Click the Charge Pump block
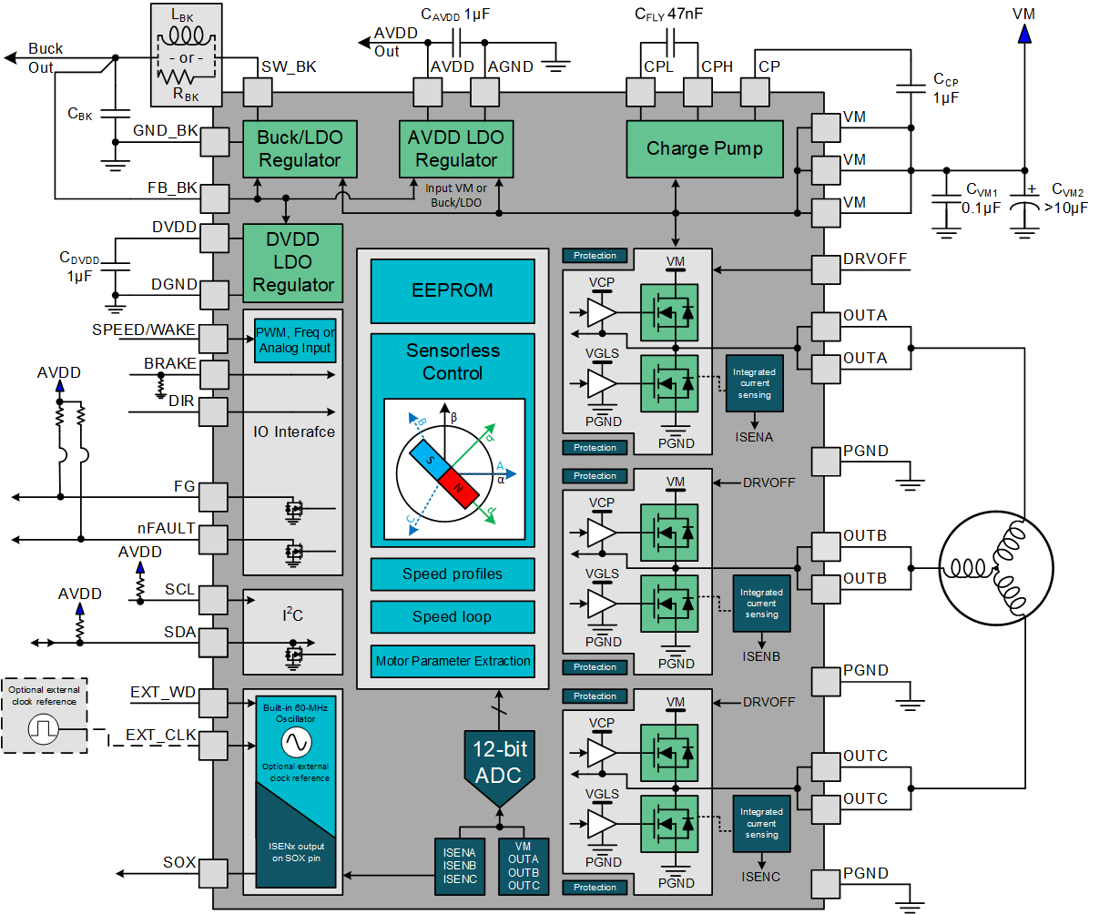click(x=704, y=149)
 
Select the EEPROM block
click(x=452, y=290)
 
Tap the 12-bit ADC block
click(x=499, y=763)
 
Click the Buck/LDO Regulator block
click(x=300, y=149)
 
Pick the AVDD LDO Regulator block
click(x=455, y=149)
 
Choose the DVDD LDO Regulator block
click(x=292, y=262)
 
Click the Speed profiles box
click(x=452, y=574)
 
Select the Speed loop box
click(x=452, y=617)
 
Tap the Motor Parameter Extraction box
click(x=452, y=661)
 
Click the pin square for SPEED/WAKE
click(x=213, y=339)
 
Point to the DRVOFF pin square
click(x=826, y=269)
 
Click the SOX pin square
click(x=213, y=873)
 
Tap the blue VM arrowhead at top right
click(x=1024, y=34)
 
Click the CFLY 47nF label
click(x=668, y=14)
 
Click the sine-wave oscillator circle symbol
click(x=296, y=743)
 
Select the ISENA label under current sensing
click(x=754, y=437)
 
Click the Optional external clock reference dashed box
click(x=45, y=716)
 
